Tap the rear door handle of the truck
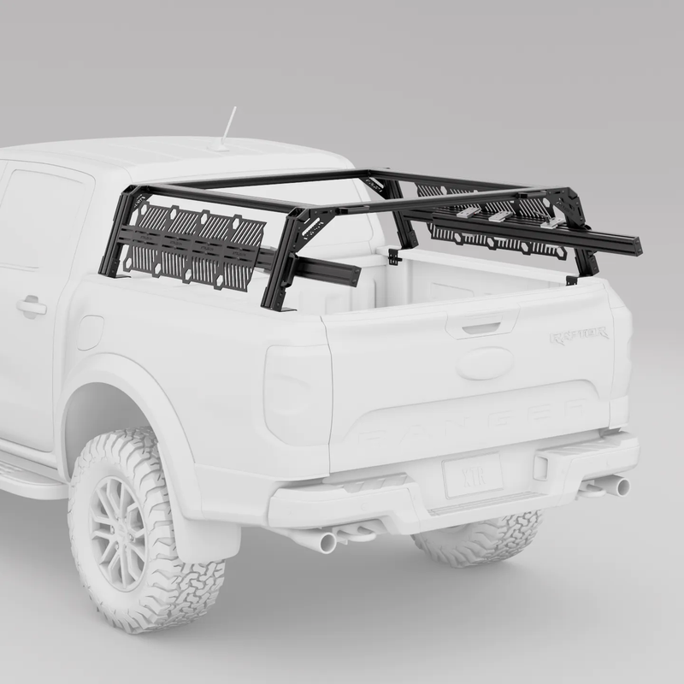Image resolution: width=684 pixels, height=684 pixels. [x=31, y=305]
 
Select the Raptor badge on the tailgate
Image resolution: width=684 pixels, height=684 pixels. [x=579, y=335]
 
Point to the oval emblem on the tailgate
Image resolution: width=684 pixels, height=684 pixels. [x=485, y=363]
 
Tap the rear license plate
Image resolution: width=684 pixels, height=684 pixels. [x=472, y=475]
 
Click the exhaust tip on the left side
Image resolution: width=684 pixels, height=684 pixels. [x=325, y=542]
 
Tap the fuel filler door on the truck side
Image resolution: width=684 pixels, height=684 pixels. [x=89, y=333]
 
